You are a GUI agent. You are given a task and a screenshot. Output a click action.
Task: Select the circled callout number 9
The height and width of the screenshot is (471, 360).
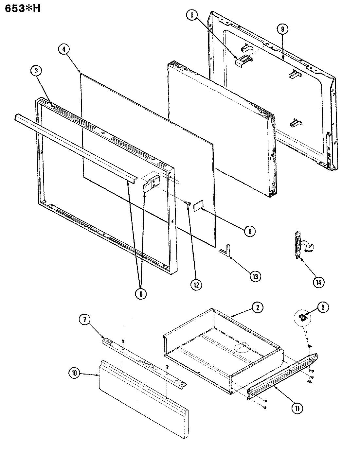pyautogui.click(x=282, y=29)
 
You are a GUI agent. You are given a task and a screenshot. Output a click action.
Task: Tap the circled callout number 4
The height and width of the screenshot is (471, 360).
pyautogui.click(x=64, y=50)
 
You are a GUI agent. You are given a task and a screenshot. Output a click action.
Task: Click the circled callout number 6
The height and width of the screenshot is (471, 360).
pyautogui.click(x=141, y=293)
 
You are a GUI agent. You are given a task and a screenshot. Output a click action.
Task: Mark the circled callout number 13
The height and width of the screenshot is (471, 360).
pyautogui.click(x=255, y=276)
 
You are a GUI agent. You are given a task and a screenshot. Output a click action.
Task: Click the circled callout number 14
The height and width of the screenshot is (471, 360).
pyautogui.click(x=318, y=282)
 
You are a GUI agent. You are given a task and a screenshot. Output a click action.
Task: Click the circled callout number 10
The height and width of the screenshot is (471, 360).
pyautogui.click(x=75, y=374)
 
